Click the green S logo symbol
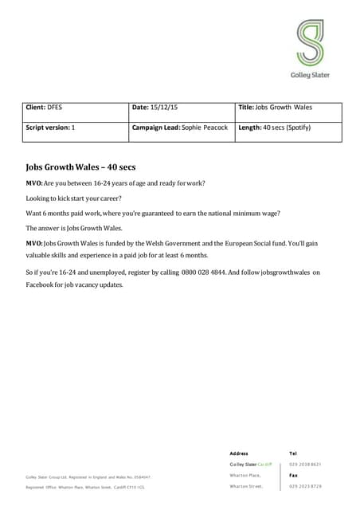309,43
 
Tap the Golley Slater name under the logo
309,75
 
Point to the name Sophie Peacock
205,127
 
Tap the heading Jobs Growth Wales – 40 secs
82,167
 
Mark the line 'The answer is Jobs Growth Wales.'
74,227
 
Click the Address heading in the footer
239,453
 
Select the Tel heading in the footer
294,453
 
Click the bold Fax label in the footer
294,475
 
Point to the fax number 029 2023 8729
305,486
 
